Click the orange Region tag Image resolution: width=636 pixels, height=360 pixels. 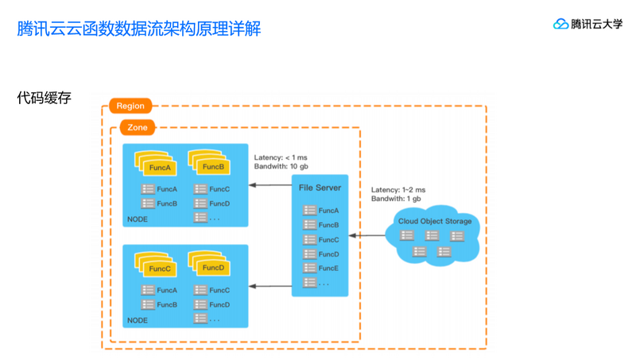tap(130, 106)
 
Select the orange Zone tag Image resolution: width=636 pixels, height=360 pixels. tap(138, 127)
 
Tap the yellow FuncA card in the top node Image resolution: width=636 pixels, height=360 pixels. tap(160, 168)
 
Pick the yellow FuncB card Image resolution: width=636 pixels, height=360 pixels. tap(213, 167)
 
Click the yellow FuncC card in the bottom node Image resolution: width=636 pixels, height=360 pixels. tap(160, 269)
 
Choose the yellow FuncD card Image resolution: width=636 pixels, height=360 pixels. tap(213, 268)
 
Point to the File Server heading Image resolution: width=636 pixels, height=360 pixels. tap(320, 188)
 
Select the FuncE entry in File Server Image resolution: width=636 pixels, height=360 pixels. tap(328, 269)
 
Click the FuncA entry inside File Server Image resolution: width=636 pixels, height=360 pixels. tap(328, 211)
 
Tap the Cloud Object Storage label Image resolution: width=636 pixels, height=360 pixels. tap(435, 221)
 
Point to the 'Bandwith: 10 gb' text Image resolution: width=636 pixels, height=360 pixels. tap(281, 167)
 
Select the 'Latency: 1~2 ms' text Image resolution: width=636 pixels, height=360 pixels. tap(398, 190)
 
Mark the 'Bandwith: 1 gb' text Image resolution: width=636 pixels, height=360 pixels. tap(395, 199)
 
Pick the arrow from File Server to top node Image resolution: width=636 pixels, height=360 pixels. tap(270, 185)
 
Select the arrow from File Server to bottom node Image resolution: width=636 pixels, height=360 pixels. tap(270, 285)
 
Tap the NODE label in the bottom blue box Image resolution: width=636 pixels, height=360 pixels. tap(138, 320)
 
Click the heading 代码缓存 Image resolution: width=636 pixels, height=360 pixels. tap(45, 98)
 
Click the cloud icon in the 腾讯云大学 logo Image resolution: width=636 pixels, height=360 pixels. tap(561, 24)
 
